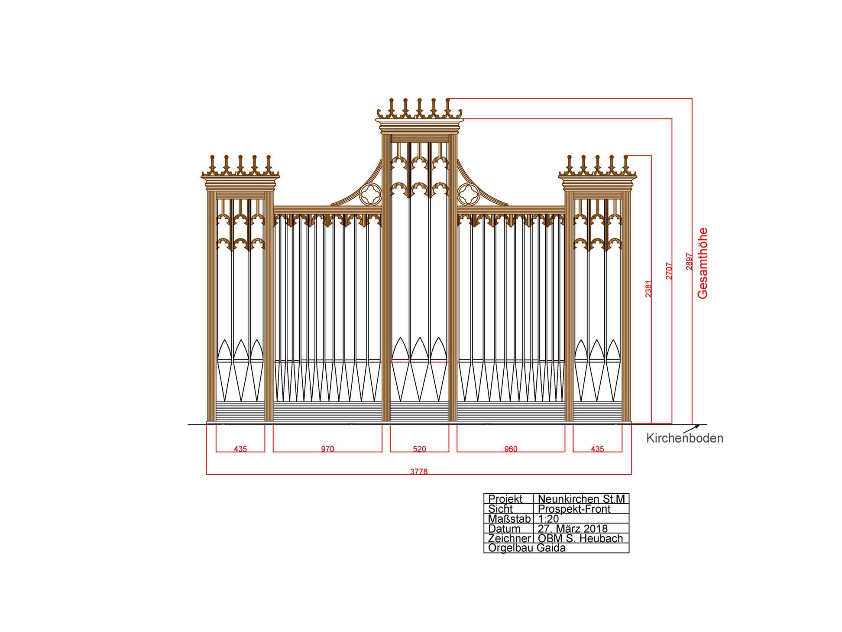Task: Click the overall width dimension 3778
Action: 418,471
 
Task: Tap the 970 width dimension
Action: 327,449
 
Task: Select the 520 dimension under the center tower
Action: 419,449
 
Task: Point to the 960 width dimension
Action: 511,449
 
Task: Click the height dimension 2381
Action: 648,289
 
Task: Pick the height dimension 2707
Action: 669,271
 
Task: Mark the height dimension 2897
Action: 689,261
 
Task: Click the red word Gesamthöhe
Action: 703,263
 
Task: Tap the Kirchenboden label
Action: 685,438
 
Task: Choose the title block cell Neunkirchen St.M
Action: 581,499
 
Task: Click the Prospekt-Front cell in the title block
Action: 574,509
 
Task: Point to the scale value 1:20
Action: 548,519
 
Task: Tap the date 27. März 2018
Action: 573,529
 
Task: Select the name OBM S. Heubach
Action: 580,538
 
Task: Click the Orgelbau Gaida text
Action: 527,548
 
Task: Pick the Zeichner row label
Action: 509,538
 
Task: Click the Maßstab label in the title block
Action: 509,519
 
